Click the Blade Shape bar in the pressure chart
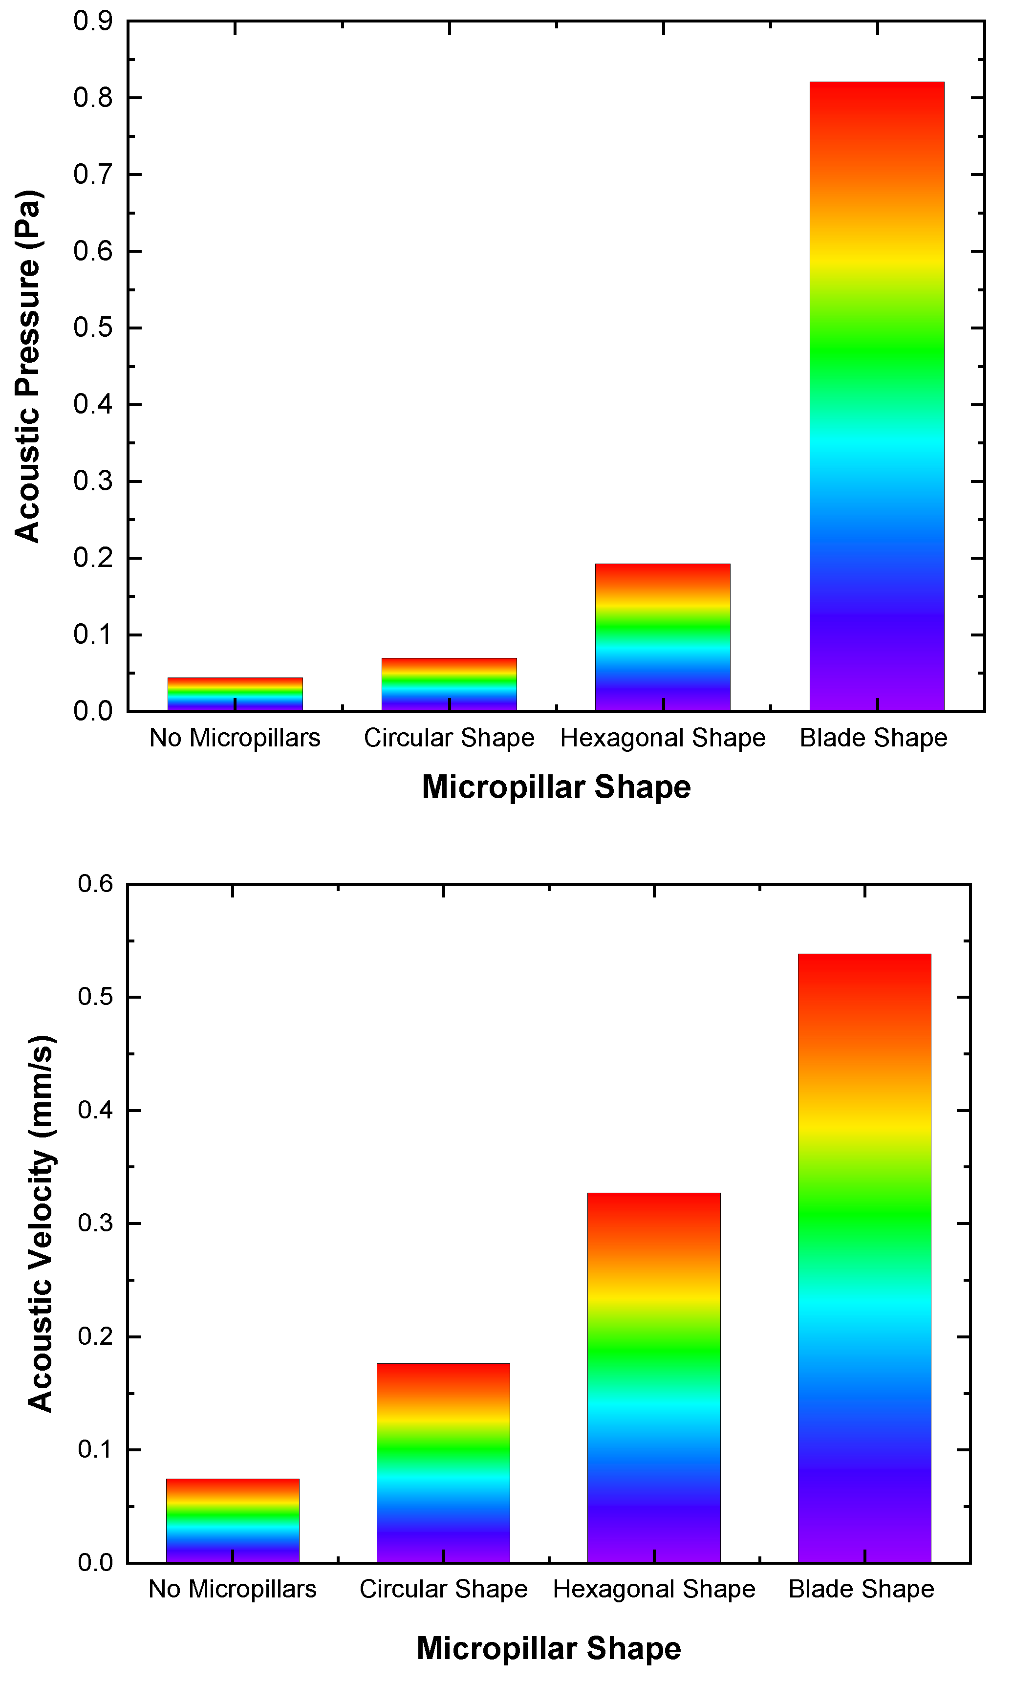point(877,396)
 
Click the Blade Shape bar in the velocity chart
point(864,1257)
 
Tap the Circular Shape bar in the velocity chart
point(443,1462)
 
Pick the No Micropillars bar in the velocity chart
point(232,1519)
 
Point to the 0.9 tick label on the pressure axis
point(93,21)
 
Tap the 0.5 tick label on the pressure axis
point(93,328)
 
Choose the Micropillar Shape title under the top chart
point(556,787)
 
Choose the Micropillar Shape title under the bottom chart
point(549,1647)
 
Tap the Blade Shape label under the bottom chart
point(861,1589)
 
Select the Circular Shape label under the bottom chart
point(443,1589)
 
